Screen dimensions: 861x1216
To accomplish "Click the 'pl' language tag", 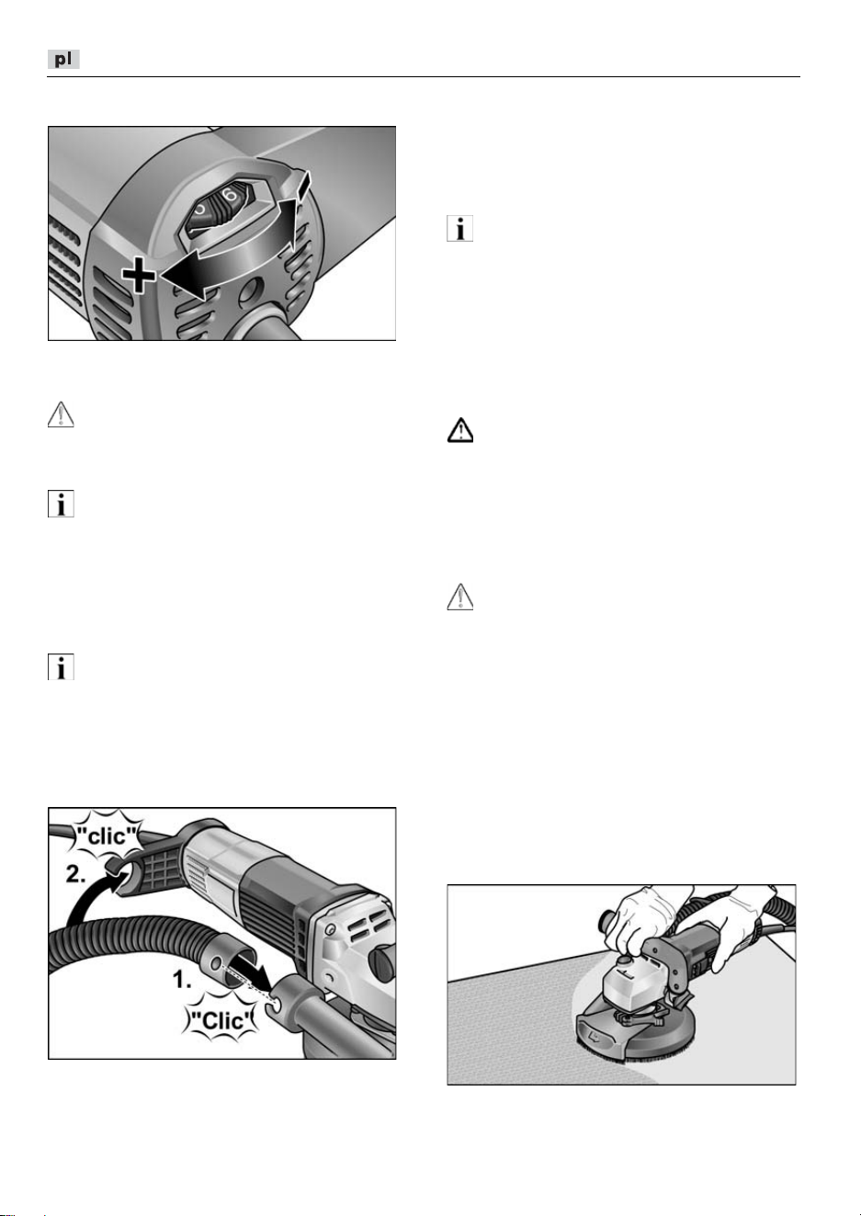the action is [63, 59].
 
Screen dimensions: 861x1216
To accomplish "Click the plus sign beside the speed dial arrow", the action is [139, 275].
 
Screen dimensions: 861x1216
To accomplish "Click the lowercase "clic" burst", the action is [108, 836].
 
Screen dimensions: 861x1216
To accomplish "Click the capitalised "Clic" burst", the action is [223, 1021].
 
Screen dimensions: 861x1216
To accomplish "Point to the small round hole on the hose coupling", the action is [217, 962].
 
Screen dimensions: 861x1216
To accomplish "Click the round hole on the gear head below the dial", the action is [251, 292].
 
